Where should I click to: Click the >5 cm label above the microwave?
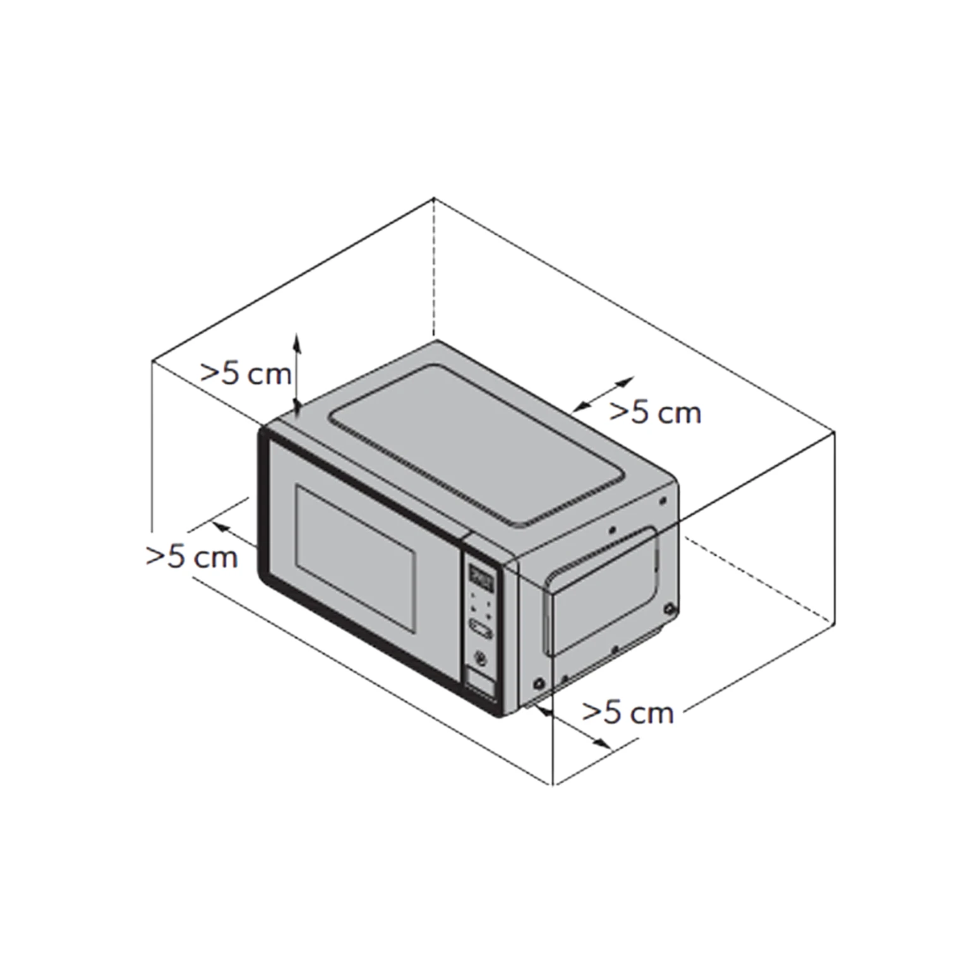click(246, 374)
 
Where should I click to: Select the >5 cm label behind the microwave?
click(655, 412)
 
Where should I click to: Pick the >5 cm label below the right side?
click(628, 712)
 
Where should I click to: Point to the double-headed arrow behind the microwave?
click(602, 395)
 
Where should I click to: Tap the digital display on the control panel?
click(482, 576)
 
